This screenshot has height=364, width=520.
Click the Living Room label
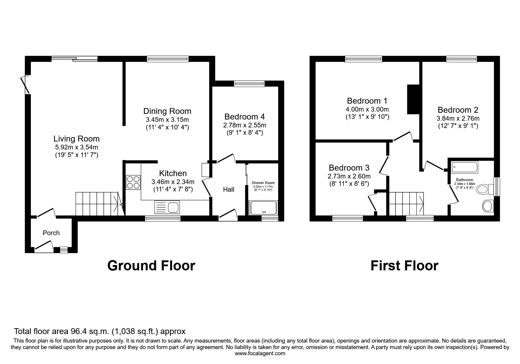click(x=76, y=139)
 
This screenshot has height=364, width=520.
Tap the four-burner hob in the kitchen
click(x=133, y=182)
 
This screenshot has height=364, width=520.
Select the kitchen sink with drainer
click(x=166, y=207)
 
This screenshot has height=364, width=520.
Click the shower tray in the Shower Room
click(x=263, y=208)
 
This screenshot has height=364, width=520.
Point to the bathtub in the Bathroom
click(x=465, y=167)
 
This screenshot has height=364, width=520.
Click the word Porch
click(x=51, y=233)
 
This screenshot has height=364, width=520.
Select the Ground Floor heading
click(x=151, y=266)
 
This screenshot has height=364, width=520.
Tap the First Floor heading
click(x=404, y=266)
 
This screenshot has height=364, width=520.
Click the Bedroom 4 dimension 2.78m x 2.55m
click(x=245, y=125)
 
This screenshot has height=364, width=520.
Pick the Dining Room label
click(x=167, y=111)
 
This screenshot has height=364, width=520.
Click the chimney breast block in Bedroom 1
click(x=413, y=99)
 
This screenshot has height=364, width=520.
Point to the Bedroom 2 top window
click(x=461, y=59)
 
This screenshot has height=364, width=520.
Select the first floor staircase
click(x=406, y=204)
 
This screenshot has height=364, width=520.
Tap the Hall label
click(x=228, y=190)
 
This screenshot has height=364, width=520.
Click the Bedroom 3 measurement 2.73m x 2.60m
click(x=349, y=176)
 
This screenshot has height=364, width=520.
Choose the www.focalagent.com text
click(x=260, y=353)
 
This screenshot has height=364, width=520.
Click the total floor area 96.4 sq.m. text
click(x=100, y=331)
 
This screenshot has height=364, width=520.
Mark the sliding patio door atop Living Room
click(x=75, y=59)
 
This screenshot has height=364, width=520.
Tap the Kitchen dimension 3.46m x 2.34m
click(x=173, y=182)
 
